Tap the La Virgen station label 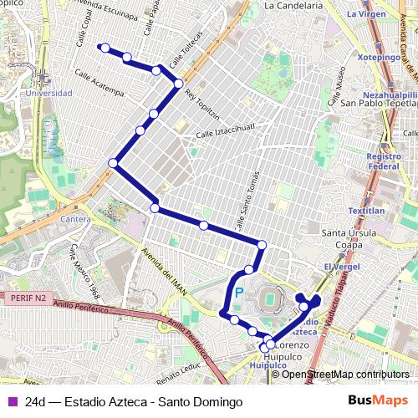pos(365,14)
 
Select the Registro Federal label pos(384,161)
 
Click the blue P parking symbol pos(238,293)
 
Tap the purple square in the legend pos(13,402)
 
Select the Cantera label pos(76,219)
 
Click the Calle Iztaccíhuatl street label pos(224,131)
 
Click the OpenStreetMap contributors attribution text pos(345,375)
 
